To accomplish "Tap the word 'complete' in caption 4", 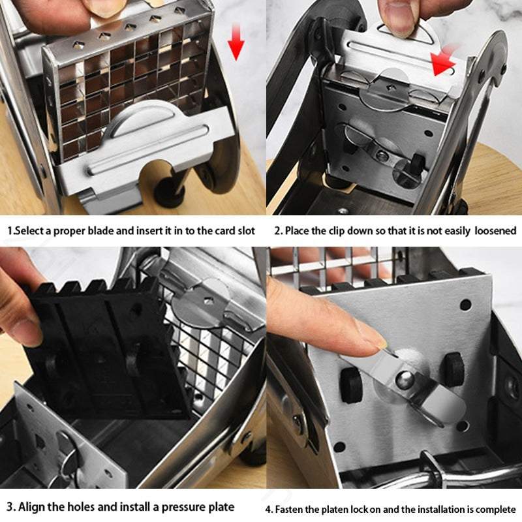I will (496, 509).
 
